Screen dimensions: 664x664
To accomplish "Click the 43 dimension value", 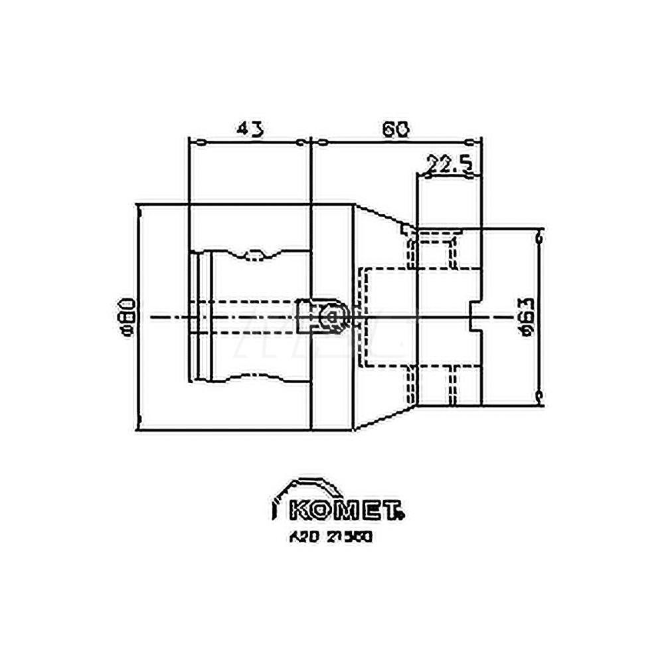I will tap(250, 128).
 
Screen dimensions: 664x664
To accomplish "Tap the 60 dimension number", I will tap(394, 129).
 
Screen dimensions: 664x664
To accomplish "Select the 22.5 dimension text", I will tap(449, 163).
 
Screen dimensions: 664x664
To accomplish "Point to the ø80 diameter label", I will tap(129, 317).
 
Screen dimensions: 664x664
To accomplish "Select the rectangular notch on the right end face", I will tap(475, 317).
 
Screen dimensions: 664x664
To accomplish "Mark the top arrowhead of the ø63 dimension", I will tap(539, 235).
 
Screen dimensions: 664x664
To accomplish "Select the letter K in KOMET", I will tap(299, 512).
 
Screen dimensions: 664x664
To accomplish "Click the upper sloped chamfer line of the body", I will tap(378, 215).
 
